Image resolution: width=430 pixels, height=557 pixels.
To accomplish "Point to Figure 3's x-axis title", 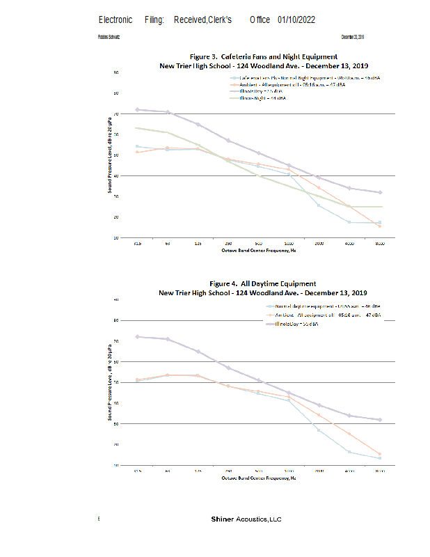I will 259,249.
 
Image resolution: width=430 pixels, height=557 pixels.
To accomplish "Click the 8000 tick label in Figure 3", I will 380,244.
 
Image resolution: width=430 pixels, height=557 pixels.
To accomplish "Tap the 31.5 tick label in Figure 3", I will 137,244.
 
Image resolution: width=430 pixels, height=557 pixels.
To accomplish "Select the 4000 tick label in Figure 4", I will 349,471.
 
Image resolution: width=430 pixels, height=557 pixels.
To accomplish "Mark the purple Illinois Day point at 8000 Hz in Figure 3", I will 380,192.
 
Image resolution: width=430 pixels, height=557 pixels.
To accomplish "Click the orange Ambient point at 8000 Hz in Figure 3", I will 380,226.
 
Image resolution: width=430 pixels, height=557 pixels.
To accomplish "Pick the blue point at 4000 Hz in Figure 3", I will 349,222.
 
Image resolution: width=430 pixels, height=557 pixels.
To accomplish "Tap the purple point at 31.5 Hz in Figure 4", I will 137,336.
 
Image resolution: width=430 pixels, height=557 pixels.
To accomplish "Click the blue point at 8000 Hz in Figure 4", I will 380,458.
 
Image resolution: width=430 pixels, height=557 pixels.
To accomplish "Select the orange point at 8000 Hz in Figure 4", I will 380,454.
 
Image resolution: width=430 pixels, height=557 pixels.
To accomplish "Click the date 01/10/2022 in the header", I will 296,19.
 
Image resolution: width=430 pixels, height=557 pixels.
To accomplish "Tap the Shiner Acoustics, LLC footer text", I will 246,519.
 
